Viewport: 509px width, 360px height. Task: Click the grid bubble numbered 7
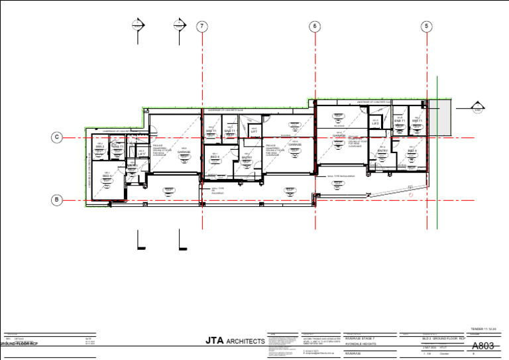(x=201, y=26)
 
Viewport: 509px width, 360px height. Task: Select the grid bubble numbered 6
(x=314, y=26)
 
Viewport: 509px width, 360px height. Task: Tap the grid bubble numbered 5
(x=427, y=26)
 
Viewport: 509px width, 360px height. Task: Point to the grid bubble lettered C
(x=58, y=137)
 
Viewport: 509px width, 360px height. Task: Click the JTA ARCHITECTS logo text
(x=235, y=341)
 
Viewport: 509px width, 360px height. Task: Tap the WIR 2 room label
(x=99, y=147)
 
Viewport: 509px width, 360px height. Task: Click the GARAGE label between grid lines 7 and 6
(x=184, y=152)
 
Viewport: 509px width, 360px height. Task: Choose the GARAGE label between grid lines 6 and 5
(x=339, y=135)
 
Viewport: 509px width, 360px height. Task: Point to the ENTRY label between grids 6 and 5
(x=382, y=150)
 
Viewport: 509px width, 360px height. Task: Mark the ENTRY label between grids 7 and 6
(x=247, y=157)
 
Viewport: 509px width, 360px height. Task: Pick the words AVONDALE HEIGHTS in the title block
(x=361, y=343)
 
